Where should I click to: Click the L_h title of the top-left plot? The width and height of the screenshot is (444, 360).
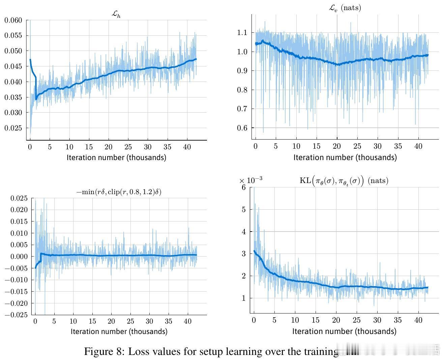pyautogui.click(x=116, y=14)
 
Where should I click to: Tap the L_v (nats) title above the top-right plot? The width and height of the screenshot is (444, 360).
pyautogui.click(x=345, y=8)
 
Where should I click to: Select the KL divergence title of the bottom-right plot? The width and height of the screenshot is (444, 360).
pyautogui.click(x=344, y=181)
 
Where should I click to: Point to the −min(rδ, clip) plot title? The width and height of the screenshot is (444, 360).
pyautogui.click(x=119, y=192)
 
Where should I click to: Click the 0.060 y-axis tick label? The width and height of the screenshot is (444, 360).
pyautogui.click(x=13, y=20)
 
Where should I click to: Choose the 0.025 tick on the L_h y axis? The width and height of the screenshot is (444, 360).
pyautogui.click(x=13, y=128)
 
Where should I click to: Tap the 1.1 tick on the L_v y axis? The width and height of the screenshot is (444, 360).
pyautogui.click(x=242, y=33)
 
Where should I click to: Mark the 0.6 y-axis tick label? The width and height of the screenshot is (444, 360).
pyautogui.click(x=242, y=128)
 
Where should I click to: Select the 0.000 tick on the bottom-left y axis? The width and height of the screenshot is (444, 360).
pyautogui.click(x=19, y=257)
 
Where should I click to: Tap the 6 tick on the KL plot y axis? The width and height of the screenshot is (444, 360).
pyautogui.click(x=243, y=187)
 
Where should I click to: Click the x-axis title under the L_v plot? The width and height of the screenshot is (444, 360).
pyautogui.click(x=345, y=157)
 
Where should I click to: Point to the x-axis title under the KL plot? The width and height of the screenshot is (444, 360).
pyautogui.click(x=344, y=331)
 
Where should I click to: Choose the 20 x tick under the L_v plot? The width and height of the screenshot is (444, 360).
pyautogui.click(x=337, y=146)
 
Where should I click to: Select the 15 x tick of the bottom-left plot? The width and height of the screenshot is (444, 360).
pyautogui.click(x=92, y=321)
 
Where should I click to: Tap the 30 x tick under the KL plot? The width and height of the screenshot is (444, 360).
pyautogui.click(x=377, y=320)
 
